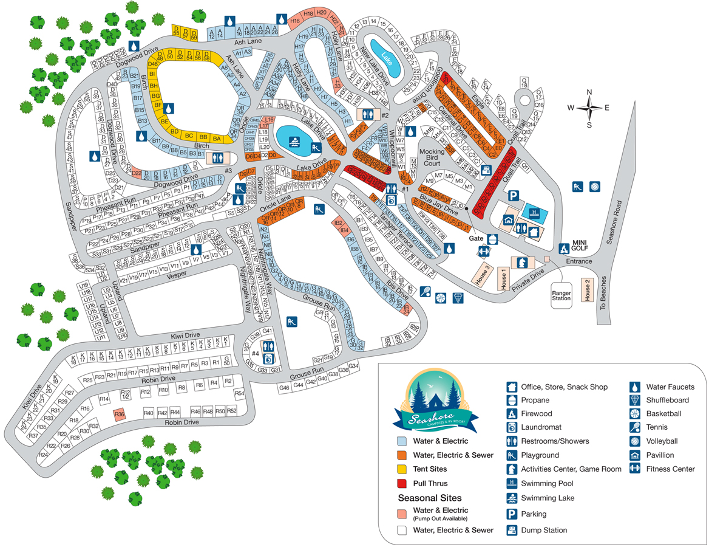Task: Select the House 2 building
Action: point(587,290)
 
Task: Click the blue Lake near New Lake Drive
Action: point(385,57)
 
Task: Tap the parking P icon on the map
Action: point(513,196)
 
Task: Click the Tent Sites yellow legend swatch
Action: point(402,469)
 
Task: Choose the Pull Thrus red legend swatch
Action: point(402,483)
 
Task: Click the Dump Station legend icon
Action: point(512,530)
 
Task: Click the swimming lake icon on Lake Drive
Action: point(294,141)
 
